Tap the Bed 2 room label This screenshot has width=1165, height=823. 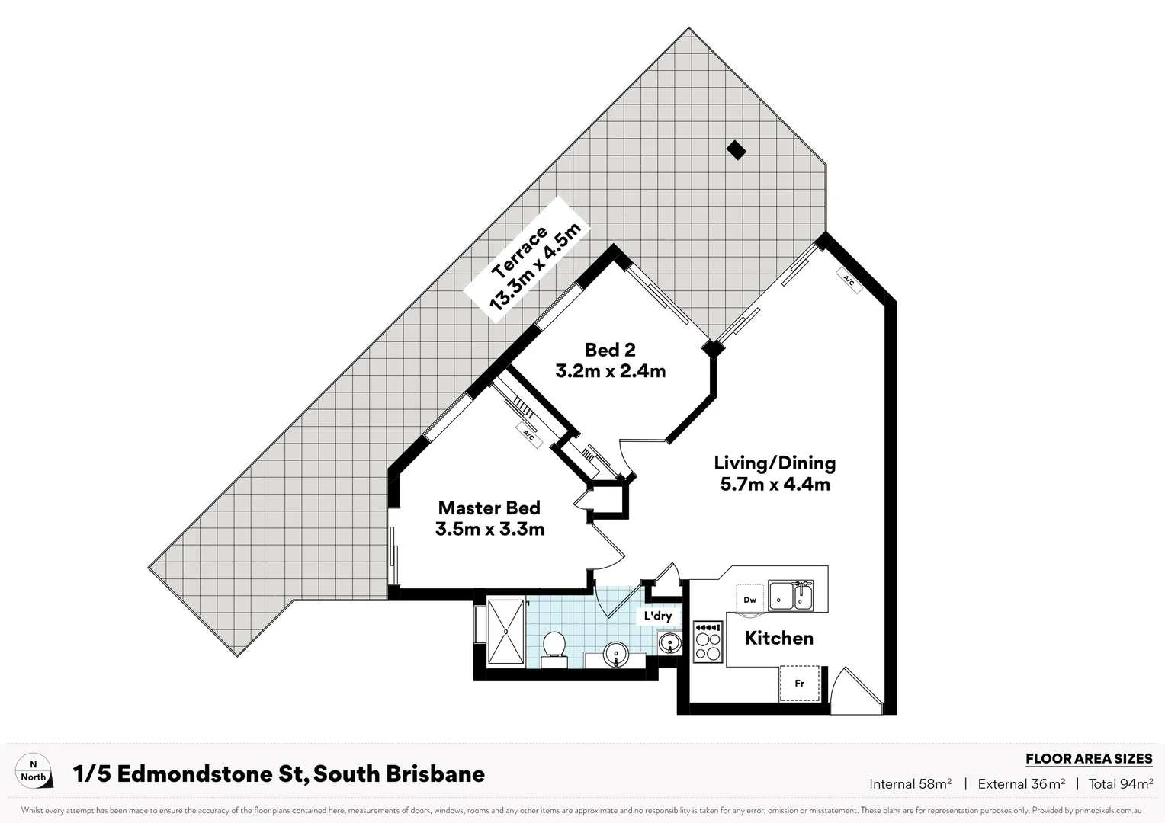tap(610, 360)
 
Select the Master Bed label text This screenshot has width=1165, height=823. tap(489, 518)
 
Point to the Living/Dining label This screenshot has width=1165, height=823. tap(775, 473)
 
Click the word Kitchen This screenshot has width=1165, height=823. tap(778, 639)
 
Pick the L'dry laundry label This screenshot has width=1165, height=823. tap(657, 616)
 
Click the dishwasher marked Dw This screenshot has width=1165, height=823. tap(750, 600)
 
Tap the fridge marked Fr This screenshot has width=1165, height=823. tap(799, 684)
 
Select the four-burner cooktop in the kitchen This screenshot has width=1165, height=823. tap(708, 642)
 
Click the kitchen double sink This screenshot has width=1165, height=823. tap(791, 596)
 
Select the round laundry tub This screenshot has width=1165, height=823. tap(669, 644)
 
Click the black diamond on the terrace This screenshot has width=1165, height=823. tap(736, 150)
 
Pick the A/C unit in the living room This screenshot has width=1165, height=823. tap(849, 280)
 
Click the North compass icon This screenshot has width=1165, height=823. tap(34, 770)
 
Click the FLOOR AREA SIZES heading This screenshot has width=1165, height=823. tap(1088, 759)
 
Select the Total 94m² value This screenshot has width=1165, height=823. tap(1120, 784)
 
